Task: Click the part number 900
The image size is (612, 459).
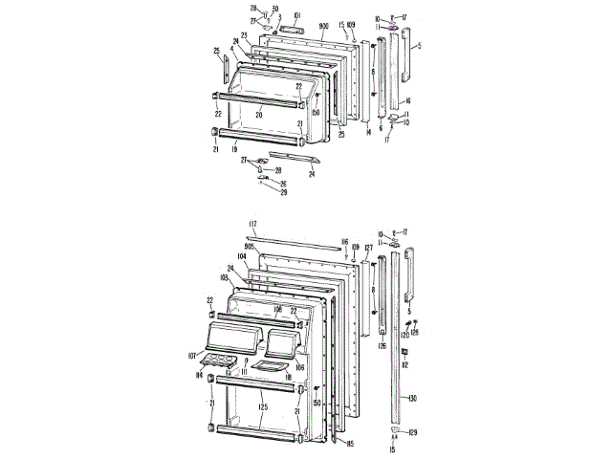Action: tap(323, 23)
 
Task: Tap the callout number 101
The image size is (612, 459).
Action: tap(297, 15)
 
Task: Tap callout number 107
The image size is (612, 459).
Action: tap(192, 358)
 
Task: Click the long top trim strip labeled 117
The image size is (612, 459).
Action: tap(296, 242)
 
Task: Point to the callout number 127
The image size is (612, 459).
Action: tap(368, 249)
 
